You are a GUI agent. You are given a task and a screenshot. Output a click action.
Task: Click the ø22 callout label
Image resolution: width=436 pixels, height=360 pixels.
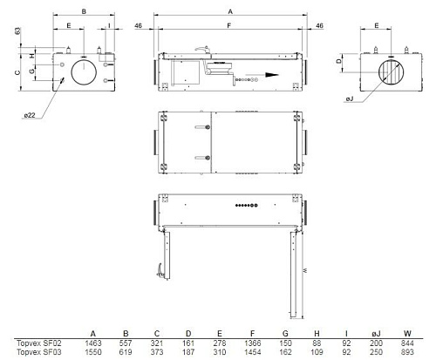[30, 115]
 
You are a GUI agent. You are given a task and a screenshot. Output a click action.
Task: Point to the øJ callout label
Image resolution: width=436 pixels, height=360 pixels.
[350, 98]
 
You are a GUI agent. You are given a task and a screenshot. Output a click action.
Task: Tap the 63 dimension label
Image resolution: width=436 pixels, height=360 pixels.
[17, 31]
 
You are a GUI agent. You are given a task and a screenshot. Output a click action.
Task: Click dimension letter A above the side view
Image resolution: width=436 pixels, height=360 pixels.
[230, 11]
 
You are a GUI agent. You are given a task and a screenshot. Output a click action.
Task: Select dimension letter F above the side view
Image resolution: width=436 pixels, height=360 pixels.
[229, 26]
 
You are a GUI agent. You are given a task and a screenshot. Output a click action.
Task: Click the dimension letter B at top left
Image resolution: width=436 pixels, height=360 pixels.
[84, 11]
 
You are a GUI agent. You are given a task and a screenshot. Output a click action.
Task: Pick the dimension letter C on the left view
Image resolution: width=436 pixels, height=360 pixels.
[17, 72]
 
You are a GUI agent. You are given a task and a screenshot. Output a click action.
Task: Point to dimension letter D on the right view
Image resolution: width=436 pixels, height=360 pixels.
[339, 61]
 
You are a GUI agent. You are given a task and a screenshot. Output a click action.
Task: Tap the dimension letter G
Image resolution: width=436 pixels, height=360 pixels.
[32, 70]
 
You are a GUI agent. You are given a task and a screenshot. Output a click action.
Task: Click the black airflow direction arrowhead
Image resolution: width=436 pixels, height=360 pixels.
[272, 75]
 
